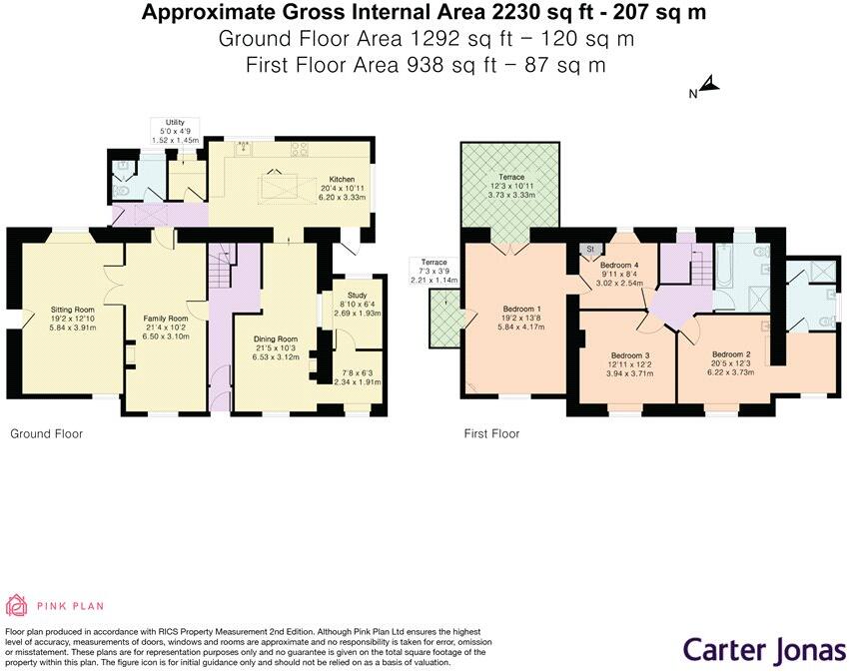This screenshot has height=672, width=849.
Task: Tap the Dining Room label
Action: pos(274,338)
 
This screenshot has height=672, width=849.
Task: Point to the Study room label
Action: pos(357,297)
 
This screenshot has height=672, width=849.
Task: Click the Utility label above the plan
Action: pos(175,122)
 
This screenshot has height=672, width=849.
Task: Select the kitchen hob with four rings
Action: pos(298,151)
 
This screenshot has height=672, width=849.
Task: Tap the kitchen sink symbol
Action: pos(242,150)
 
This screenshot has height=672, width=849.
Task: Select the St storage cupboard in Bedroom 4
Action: pos(589,249)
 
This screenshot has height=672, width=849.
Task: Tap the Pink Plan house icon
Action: pos(17,605)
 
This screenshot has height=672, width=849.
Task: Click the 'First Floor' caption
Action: pos(491,434)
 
